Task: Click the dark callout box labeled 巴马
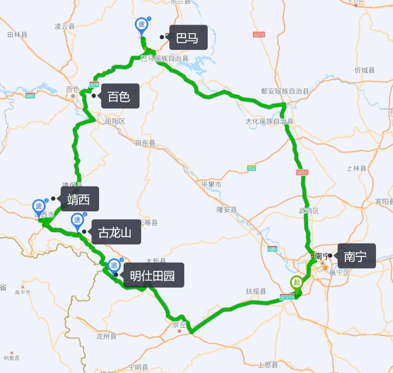tap(188, 37)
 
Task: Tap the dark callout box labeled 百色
tap(120, 96)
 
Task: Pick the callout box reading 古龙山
tap(116, 232)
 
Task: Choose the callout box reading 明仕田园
tap(154, 275)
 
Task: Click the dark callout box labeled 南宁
tap(356, 256)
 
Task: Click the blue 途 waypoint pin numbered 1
tap(142, 25)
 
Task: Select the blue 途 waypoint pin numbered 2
tap(77, 220)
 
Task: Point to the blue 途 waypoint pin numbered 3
tap(39, 207)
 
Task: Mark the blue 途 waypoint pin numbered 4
tap(114, 265)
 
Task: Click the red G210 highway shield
tap(259, 35)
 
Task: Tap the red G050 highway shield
tap(302, 172)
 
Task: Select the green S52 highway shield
tap(251, 168)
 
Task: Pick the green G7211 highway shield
tap(287, 297)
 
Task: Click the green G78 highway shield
tap(94, 85)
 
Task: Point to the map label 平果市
tap(211, 184)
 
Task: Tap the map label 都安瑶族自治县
tap(285, 91)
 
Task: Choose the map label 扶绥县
tap(256, 291)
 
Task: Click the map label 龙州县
tap(106, 336)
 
